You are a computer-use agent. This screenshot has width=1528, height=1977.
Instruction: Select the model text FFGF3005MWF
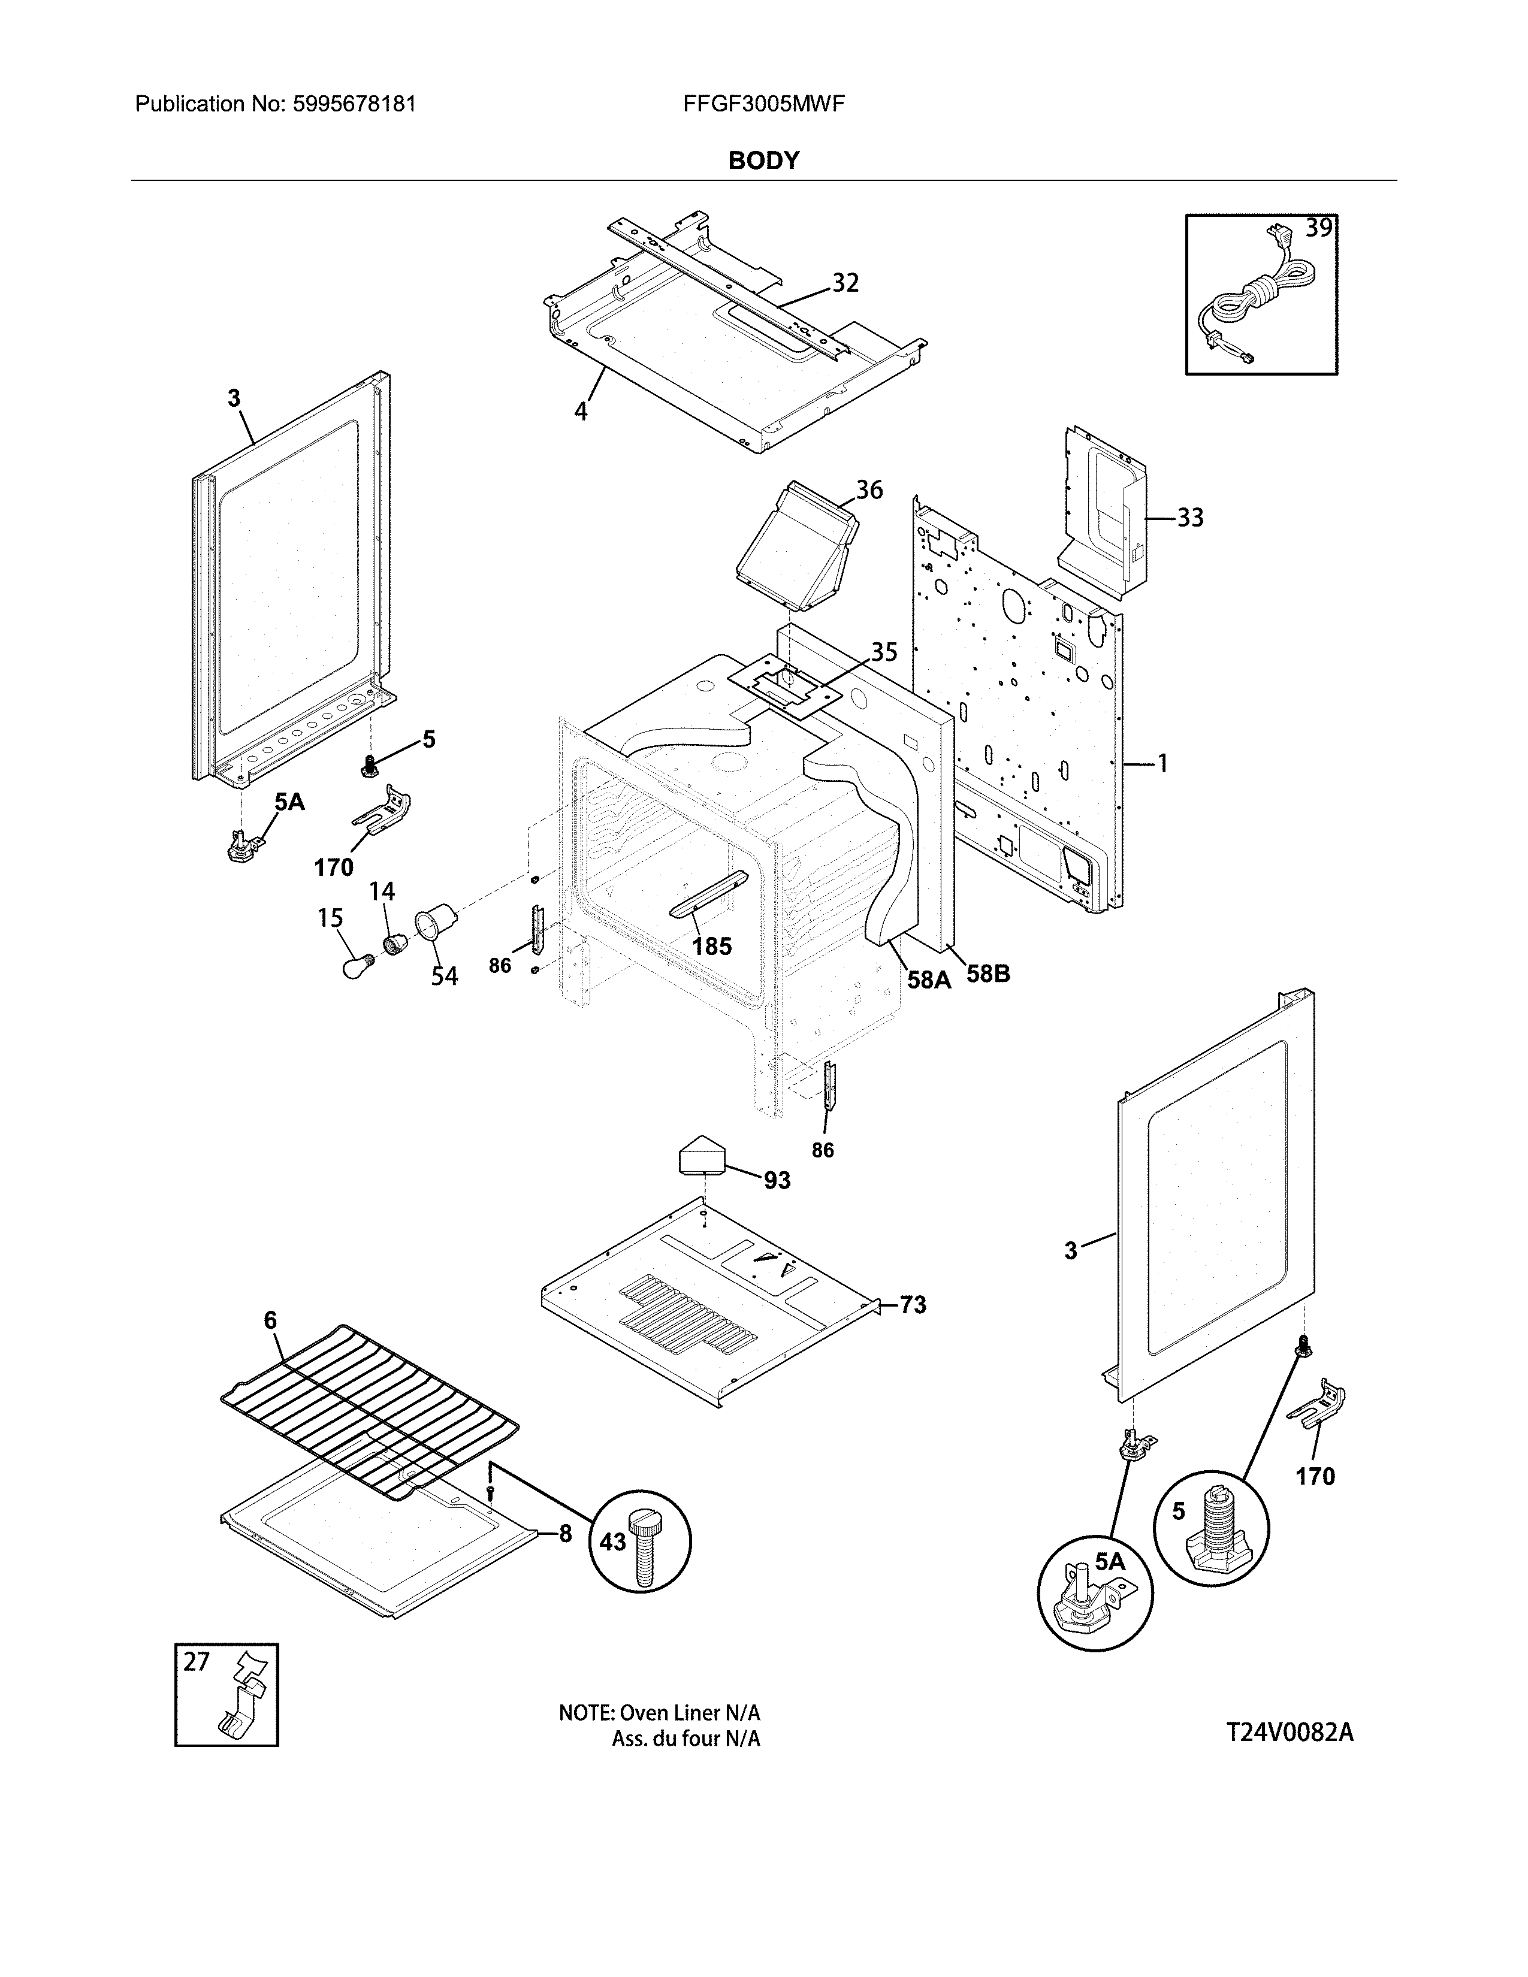(x=764, y=104)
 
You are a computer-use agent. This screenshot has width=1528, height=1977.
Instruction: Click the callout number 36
(x=869, y=489)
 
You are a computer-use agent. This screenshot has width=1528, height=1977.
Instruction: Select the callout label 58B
(x=987, y=974)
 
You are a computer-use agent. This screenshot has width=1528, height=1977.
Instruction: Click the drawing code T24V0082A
(x=1289, y=1733)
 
